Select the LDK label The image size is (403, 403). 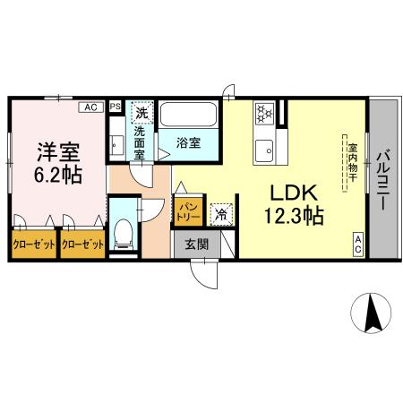(x=287, y=193)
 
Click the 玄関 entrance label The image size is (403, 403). (x=197, y=242)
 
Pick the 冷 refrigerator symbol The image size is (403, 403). (x=220, y=215)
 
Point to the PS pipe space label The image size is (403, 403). (x=115, y=107)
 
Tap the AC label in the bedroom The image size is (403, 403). (x=90, y=107)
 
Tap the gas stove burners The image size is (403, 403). (x=265, y=114)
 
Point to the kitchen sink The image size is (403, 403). (x=265, y=150)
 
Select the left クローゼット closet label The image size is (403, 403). (x=33, y=244)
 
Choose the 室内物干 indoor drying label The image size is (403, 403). (x=353, y=165)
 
